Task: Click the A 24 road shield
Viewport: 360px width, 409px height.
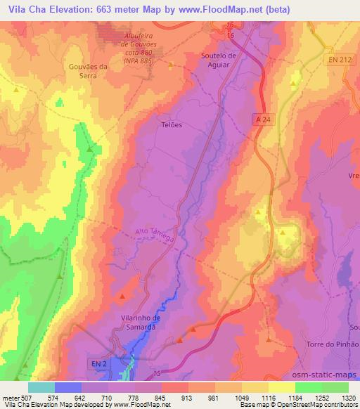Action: coord(262,120)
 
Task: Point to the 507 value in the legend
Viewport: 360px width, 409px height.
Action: coord(20,398)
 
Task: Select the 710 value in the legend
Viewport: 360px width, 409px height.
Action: coord(108,398)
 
